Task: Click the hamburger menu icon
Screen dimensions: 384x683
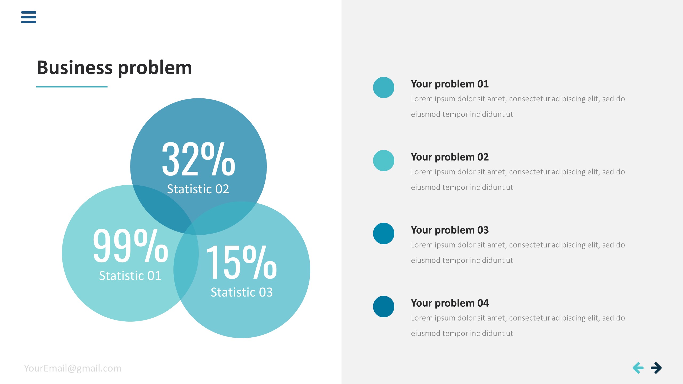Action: coord(29,17)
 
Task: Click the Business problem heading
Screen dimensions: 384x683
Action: coord(114,68)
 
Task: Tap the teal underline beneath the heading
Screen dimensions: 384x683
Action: coord(72,87)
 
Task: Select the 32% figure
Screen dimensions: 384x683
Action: coord(198,159)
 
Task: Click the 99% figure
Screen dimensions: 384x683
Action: coord(130,246)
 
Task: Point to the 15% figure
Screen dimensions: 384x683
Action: coord(241,262)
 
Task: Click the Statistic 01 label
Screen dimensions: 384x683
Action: coord(130,276)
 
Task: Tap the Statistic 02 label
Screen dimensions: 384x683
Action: coord(198,189)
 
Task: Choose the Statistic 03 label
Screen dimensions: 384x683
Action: coord(242,292)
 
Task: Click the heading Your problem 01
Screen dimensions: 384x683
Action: coord(450,84)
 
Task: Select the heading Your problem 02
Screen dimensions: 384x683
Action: coord(450,157)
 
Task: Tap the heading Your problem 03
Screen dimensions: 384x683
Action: coord(450,230)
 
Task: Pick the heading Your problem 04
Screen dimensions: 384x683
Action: coord(450,303)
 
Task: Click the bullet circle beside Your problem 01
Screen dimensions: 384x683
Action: coord(384,87)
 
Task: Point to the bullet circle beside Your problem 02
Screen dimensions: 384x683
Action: coord(384,161)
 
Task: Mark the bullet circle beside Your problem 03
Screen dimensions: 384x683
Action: coord(384,234)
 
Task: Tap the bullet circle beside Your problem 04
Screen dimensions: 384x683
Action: coord(384,307)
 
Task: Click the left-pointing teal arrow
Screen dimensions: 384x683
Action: coord(638,368)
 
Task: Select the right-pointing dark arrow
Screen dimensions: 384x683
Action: coord(656,368)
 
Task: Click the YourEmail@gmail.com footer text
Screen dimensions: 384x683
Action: coord(73,368)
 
